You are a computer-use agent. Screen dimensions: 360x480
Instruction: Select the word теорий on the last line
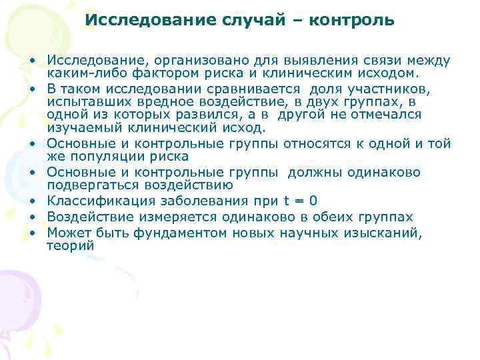coord(70,245)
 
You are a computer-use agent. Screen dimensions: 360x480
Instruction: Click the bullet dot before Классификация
coord(32,202)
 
